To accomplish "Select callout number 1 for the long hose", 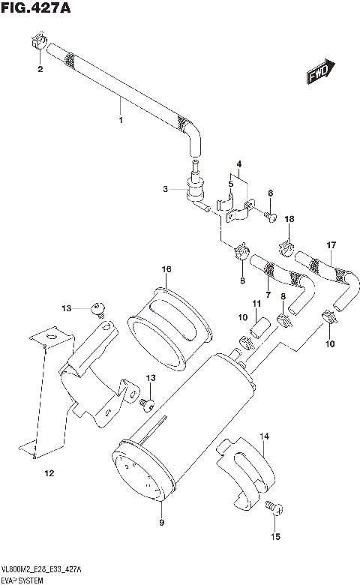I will coord(120,119).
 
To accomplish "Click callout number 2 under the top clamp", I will coord(40,70).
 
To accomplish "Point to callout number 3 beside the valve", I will coord(167,190).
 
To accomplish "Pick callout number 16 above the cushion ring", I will coord(166,269).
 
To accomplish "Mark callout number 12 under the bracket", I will coord(49,473).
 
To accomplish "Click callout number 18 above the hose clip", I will coord(290,219).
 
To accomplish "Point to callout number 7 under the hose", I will coord(267,296).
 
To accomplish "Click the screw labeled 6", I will coord(273,217).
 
